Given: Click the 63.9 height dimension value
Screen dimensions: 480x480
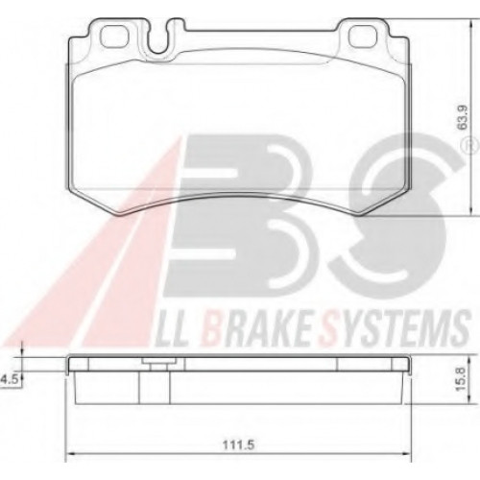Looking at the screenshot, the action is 463,118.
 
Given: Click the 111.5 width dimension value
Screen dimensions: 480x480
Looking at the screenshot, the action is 240,444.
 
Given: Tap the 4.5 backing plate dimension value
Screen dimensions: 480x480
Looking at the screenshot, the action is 10,380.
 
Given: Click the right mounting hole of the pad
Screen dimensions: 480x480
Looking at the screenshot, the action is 361,36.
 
